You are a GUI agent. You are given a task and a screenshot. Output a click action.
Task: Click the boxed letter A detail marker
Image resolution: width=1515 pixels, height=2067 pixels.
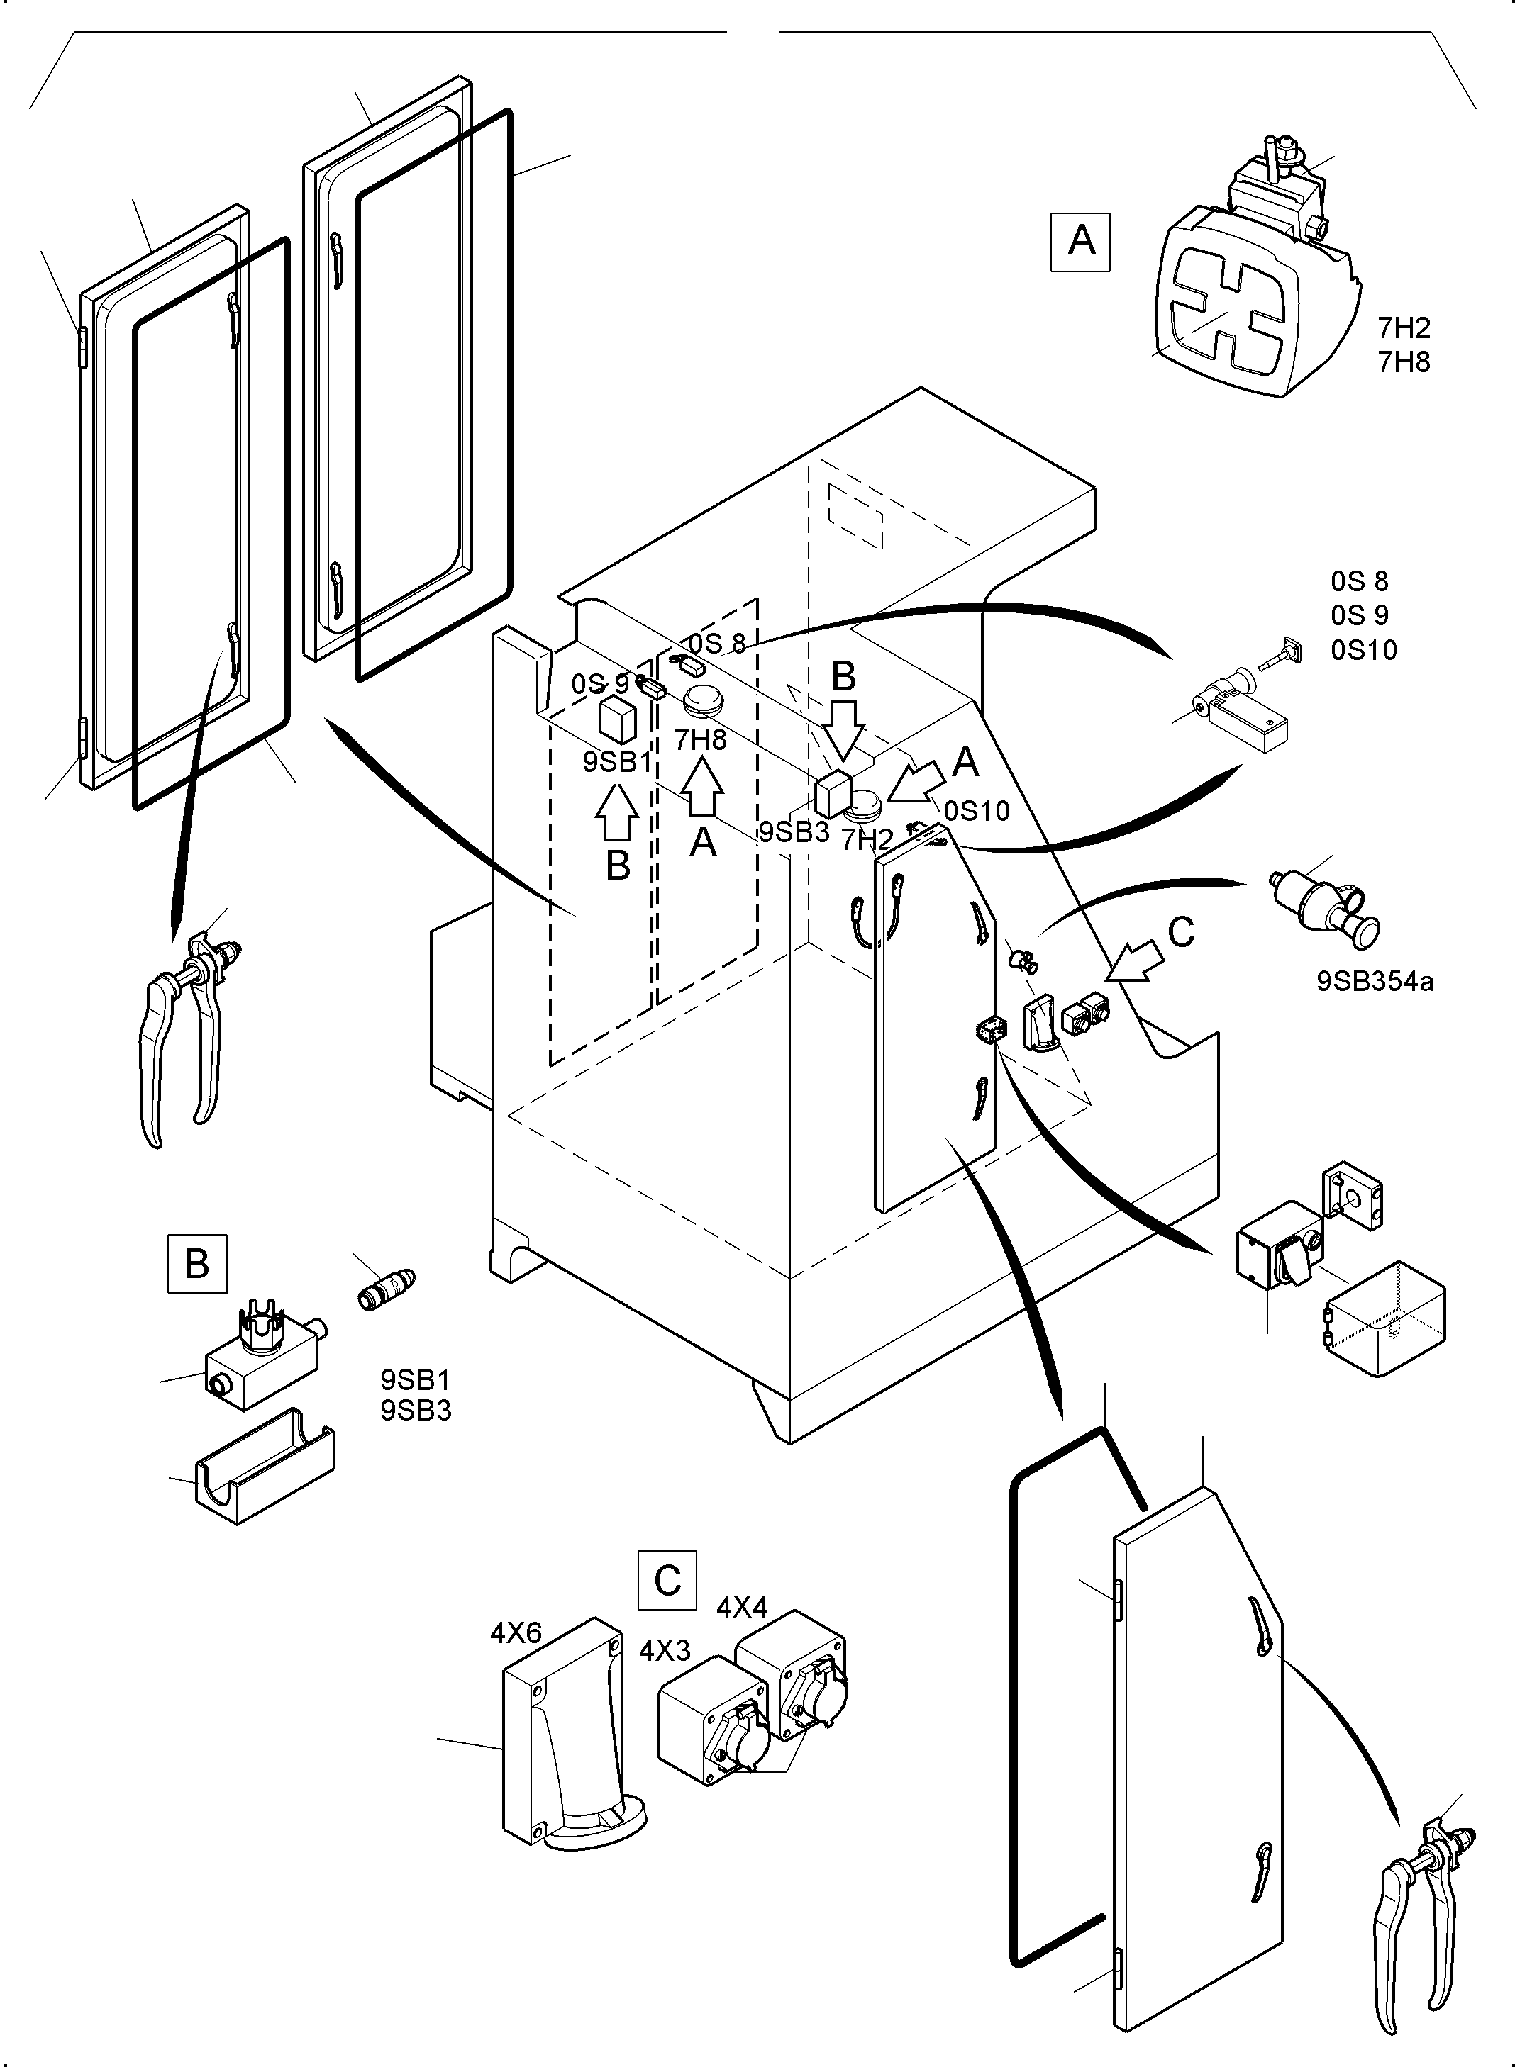(x=1080, y=242)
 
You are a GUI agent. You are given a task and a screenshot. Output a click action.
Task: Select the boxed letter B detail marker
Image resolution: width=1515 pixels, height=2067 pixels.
(x=197, y=1263)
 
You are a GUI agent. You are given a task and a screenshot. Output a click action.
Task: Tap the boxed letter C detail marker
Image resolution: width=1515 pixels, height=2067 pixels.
(x=667, y=1579)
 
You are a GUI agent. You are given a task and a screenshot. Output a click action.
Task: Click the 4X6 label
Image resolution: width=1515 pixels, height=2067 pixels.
(x=516, y=1632)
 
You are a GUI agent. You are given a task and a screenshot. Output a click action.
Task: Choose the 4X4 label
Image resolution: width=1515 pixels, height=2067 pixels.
(x=742, y=1607)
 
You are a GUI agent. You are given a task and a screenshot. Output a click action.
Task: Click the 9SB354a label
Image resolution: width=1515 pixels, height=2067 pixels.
(x=1375, y=982)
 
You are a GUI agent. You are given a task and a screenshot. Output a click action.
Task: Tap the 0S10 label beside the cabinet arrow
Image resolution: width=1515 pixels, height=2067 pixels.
(x=977, y=810)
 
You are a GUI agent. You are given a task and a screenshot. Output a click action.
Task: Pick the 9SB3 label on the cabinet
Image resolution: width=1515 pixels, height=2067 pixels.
(x=793, y=832)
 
